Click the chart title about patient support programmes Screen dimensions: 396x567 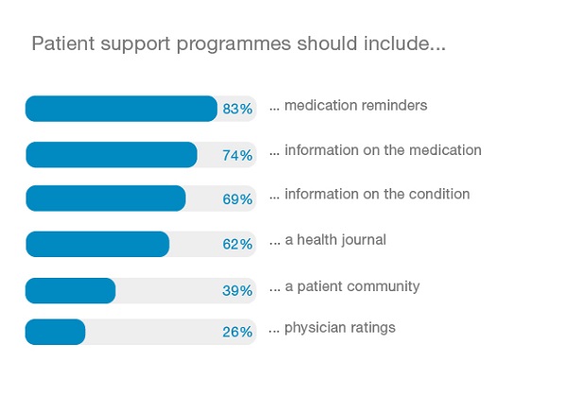(238, 44)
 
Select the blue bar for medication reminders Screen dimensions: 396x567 (121, 109)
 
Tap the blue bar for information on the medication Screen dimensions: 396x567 (111, 154)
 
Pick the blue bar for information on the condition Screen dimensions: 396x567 (105, 198)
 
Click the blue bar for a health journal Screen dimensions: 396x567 (96, 244)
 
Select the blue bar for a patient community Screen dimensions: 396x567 (70, 290)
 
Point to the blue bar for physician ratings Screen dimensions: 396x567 (55, 332)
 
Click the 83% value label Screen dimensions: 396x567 (237, 109)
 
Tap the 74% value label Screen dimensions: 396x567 (237, 155)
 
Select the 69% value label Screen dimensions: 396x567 (237, 199)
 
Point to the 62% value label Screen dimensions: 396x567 (237, 244)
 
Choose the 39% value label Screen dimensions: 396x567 (237, 290)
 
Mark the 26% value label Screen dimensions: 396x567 (237, 333)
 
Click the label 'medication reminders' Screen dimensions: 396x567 (355, 105)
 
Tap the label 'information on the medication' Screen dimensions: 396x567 (383, 149)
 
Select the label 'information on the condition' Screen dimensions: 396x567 (377, 195)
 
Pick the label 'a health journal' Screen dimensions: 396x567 (335, 240)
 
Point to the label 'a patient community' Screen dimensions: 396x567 (352, 285)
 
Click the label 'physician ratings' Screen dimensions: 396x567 (340, 328)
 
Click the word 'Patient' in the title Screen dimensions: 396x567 (60, 44)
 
